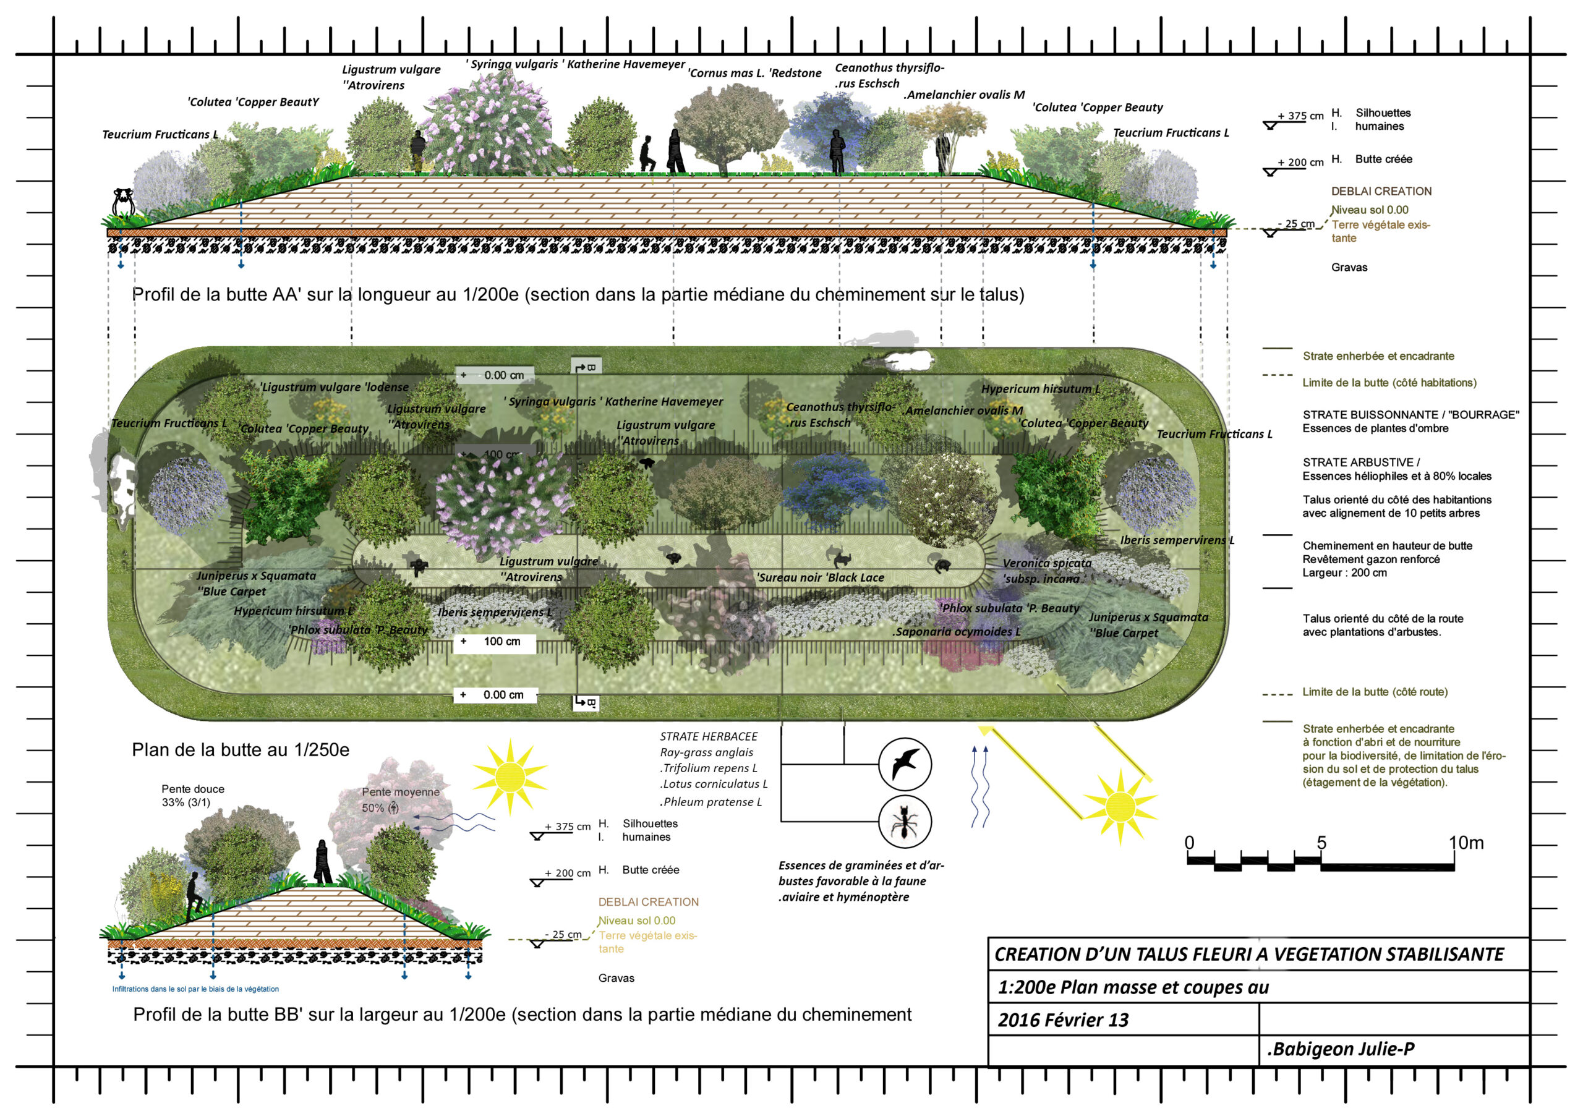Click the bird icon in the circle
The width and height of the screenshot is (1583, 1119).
point(905,765)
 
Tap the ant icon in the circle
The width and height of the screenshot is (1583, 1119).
point(905,822)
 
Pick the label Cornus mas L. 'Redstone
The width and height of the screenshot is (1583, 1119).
point(754,73)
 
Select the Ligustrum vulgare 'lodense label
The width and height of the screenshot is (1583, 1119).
point(335,387)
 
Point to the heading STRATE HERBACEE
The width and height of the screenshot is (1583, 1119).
point(708,736)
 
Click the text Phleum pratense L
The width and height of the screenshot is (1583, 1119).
point(711,802)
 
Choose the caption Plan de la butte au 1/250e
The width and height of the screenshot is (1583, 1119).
point(241,750)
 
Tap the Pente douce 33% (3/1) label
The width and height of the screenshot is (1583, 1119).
point(192,796)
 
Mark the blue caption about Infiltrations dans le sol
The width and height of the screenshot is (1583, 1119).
point(196,989)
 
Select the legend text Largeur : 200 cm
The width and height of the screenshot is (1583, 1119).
point(1344,573)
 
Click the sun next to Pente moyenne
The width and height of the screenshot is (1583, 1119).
point(510,777)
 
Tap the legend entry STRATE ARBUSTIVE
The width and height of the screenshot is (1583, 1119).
point(1360,462)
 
